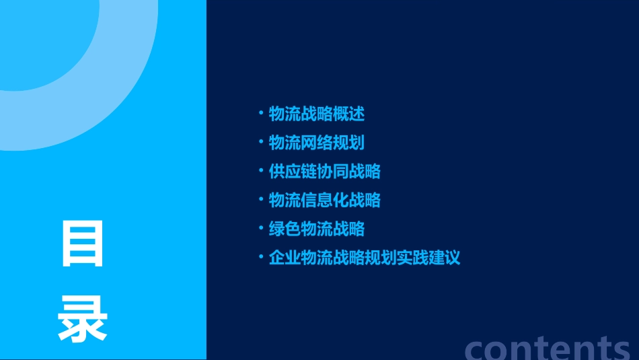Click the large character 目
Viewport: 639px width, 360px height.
pyautogui.click(x=83, y=244)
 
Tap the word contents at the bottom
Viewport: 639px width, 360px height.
pyautogui.click(x=548, y=347)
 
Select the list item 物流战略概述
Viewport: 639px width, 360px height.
pyautogui.click(x=317, y=114)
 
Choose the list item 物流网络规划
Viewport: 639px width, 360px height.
pyautogui.click(x=317, y=143)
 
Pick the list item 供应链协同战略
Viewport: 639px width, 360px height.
pyautogui.click(x=325, y=172)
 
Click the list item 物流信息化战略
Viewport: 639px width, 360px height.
pyautogui.click(x=325, y=200)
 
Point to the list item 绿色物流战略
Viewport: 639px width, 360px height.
pyautogui.click(x=317, y=229)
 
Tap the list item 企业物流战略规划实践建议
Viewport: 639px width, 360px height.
pyautogui.click(x=365, y=258)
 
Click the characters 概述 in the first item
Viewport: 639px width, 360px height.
pyautogui.click(x=348, y=114)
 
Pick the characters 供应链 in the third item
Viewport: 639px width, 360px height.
pyautogui.click(x=293, y=172)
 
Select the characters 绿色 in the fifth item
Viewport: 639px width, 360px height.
pyautogui.click(x=285, y=229)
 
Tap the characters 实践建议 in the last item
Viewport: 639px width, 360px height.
pyautogui.click(x=428, y=258)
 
